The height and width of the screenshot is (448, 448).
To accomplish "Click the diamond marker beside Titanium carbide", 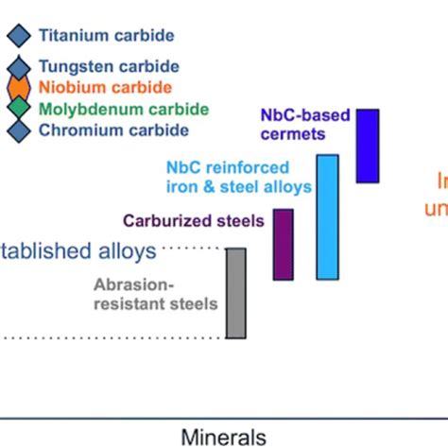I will [x=18, y=36].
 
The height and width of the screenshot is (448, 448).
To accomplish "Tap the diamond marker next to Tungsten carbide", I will [x=18, y=67].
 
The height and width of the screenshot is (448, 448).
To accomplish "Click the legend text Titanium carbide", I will [x=106, y=36].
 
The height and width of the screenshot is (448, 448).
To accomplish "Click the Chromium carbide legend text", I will [x=113, y=130].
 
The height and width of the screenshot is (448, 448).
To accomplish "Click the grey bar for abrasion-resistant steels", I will [x=236, y=292].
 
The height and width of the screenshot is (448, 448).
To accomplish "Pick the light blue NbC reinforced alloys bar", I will [x=327, y=218].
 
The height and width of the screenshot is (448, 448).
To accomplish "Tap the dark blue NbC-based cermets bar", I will [x=368, y=146].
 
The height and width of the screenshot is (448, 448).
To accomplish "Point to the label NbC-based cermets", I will [x=305, y=125].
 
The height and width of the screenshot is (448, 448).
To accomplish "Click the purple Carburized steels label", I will [x=194, y=221].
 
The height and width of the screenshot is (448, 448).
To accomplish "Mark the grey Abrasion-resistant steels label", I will [x=156, y=293].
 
